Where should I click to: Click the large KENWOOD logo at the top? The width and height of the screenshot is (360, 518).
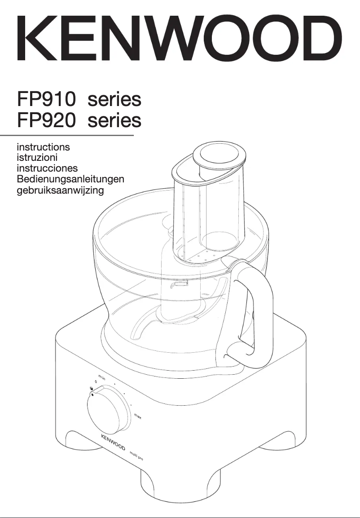coord(180,39)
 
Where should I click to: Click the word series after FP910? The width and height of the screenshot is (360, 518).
coord(114,99)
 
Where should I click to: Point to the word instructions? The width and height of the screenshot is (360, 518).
coord(43,147)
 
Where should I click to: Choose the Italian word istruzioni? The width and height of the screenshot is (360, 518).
coord(37,158)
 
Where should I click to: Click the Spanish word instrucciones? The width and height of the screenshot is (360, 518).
coord(47,168)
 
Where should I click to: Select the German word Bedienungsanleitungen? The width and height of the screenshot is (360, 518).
coord(70,180)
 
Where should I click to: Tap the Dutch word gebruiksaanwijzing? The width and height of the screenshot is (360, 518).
coord(60,190)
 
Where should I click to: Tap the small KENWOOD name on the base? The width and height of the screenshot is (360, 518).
coord(112,443)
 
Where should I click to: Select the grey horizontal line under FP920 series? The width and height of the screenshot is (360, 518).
coord(67,135)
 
